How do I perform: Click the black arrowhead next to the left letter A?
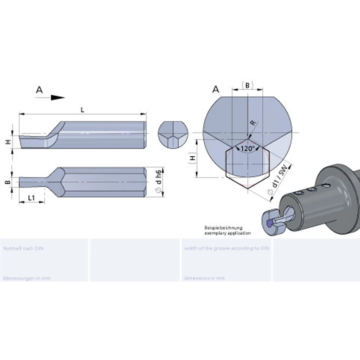[x=58, y=97]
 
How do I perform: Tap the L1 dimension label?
[x=32, y=198]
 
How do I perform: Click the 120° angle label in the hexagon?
[x=248, y=149]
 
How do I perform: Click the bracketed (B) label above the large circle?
[x=248, y=85]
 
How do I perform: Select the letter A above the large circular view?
[x=216, y=90]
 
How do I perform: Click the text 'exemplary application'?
[x=228, y=233]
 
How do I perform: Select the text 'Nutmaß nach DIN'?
[x=23, y=248]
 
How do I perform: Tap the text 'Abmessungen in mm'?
[x=26, y=278]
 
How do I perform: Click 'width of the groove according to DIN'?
[x=227, y=248]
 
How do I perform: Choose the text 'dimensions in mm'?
[x=204, y=278]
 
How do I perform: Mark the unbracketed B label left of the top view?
[x=6, y=182]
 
